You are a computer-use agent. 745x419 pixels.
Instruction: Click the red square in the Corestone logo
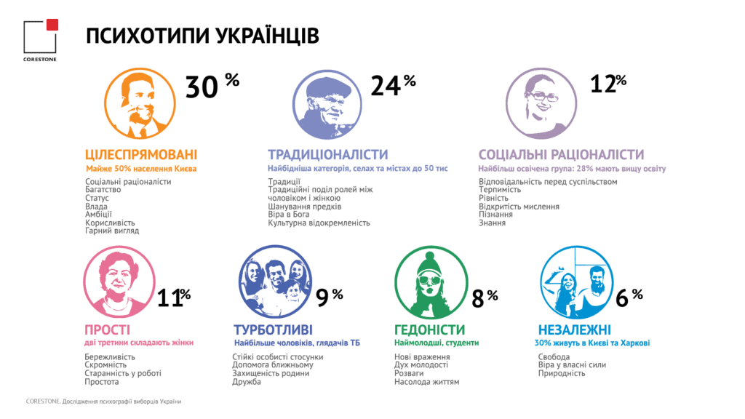(x=52, y=25)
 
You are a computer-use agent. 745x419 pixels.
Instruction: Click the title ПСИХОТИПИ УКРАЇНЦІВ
(x=202, y=36)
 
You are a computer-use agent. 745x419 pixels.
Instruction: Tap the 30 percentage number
(x=202, y=87)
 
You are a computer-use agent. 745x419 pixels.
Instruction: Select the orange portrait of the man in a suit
(x=140, y=103)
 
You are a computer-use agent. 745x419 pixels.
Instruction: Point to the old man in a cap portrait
(x=327, y=105)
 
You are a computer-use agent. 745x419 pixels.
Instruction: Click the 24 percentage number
(x=386, y=86)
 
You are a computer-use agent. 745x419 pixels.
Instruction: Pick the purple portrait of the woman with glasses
(x=541, y=103)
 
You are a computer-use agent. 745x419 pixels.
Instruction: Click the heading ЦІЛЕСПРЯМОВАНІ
(x=141, y=154)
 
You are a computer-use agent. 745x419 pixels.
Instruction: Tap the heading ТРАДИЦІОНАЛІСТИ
(x=328, y=154)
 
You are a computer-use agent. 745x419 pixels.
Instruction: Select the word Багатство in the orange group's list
(x=103, y=190)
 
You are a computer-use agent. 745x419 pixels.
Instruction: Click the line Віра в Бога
(x=288, y=215)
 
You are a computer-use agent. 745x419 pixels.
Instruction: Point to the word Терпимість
(x=500, y=190)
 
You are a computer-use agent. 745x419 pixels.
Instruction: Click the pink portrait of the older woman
(x=119, y=282)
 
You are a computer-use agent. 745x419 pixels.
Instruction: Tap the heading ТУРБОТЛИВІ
(x=274, y=330)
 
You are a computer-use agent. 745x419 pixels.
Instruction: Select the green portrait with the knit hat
(x=431, y=282)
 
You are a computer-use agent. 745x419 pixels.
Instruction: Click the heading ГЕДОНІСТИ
(x=429, y=330)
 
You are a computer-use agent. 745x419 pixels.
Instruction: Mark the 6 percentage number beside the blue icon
(x=622, y=298)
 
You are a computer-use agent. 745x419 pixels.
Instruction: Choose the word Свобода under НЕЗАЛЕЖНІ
(x=554, y=356)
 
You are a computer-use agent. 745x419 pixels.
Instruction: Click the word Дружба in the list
(x=247, y=382)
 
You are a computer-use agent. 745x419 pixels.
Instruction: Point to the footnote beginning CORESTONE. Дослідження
(x=103, y=402)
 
